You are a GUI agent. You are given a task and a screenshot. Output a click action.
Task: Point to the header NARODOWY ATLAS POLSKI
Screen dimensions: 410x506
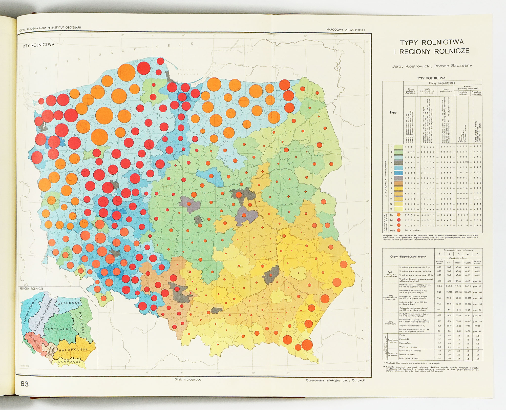[x=345, y=30]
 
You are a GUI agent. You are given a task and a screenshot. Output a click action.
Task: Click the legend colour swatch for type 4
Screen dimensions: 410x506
[x=398, y=162]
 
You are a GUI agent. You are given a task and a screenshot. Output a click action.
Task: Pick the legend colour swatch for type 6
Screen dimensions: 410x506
[x=398, y=173]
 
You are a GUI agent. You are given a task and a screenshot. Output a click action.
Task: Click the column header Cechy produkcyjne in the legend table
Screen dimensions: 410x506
[x=446, y=91]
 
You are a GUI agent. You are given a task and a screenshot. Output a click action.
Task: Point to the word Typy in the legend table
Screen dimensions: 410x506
[x=393, y=113]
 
